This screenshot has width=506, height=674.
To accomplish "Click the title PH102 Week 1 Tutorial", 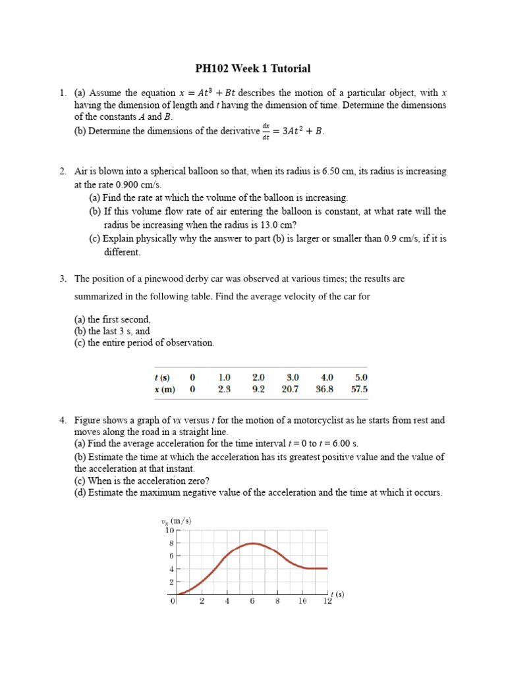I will point(253,68).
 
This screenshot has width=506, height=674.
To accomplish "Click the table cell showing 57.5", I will point(360,389).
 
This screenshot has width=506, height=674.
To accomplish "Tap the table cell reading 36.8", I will point(326,389).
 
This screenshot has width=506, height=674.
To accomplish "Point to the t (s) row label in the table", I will point(161,377).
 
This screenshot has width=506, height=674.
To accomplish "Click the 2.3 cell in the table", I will point(224,389).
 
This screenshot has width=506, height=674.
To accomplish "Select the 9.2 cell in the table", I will point(258,389).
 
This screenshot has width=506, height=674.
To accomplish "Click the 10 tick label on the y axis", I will point(169,530).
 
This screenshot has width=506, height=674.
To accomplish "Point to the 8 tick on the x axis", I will point(277,602).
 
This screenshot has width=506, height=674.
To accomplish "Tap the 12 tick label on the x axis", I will point(327,602).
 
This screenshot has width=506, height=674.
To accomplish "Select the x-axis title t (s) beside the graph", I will point(337,594).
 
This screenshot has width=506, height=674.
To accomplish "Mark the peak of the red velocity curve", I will point(252,544).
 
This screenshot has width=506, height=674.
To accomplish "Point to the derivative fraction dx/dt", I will point(266,130).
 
